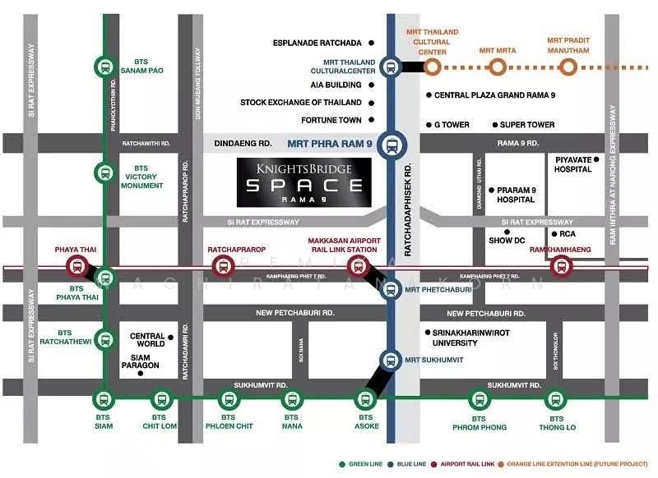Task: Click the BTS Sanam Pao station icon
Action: (x=104, y=66)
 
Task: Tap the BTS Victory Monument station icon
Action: (x=104, y=173)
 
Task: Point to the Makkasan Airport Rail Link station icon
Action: (x=358, y=264)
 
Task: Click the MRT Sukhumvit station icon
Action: (x=392, y=360)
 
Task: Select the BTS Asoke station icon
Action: (x=364, y=400)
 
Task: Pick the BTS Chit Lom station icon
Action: (x=161, y=400)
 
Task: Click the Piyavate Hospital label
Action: (x=573, y=164)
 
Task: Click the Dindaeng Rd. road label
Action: (x=243, y=143)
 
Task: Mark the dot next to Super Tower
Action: (x=495, y=125)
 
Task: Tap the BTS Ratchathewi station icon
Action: (x=104, y=338)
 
